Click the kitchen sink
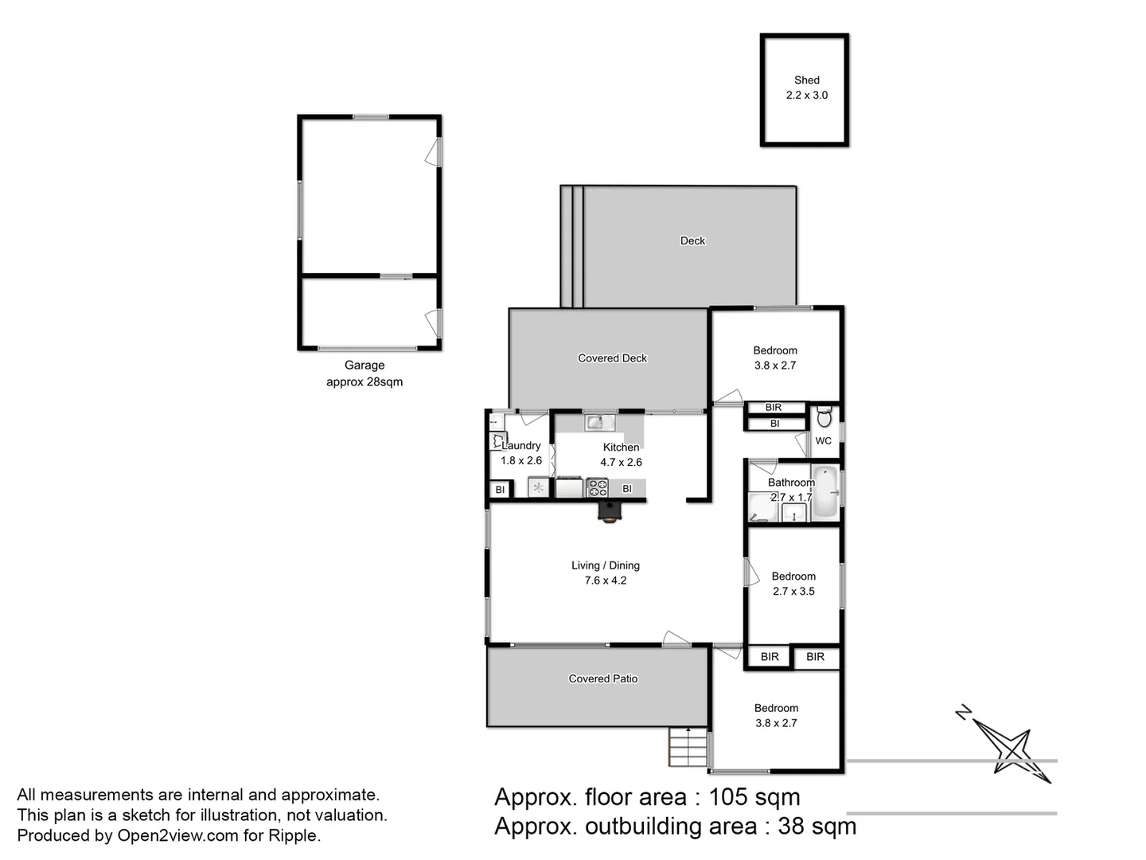coord(599,422)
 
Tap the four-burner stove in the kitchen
coord(597,487)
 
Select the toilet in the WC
coord(824,416)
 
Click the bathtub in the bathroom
coord(825,492)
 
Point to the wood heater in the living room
coord(610,511)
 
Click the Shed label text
coord(806,80)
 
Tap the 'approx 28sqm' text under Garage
coord(364,381)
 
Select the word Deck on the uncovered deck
coord(692,240)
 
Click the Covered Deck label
coord(612,358)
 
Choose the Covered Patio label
coord(602,678)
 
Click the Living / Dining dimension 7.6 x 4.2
coord(605,580)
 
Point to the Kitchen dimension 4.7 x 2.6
coord(621,462)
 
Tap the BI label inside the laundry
coord(500,490)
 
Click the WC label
coord(823,440)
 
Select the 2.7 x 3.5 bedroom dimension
coord(793,591)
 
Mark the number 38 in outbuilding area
coord(791,826)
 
